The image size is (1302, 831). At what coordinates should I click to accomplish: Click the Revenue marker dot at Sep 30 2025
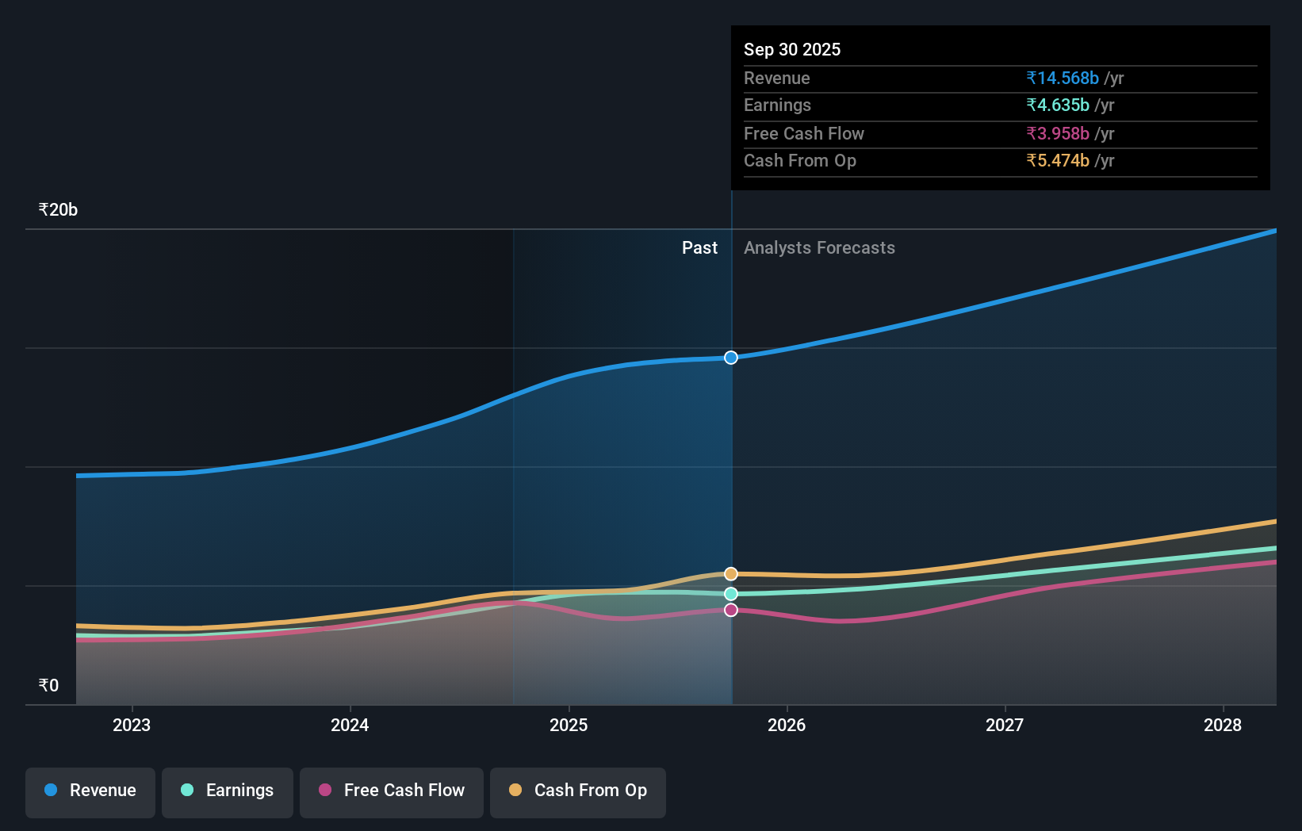[731, 358]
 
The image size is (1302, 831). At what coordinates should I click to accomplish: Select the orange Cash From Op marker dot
[731, 573]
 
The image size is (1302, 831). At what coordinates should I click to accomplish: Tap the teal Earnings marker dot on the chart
[731, 594]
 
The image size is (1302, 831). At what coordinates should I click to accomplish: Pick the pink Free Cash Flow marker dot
[731, 610]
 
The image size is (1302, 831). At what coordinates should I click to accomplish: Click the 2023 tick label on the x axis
[132, 725]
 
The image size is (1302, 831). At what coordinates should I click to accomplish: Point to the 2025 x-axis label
[569, 725]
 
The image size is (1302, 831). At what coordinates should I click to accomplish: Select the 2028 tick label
[1223, 725]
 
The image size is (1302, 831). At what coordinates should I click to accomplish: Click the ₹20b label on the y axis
[58, 210]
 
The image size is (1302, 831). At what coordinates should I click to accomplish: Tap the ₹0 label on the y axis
[48, 685]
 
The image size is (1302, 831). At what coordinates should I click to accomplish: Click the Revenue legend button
[90, 791]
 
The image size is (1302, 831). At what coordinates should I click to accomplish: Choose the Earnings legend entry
[228, 791]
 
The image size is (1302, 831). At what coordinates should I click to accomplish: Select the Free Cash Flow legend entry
[392, 791]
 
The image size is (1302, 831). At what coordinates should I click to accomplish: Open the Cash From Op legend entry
[578, 791]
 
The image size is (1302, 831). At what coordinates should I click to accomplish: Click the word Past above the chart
[699, 248]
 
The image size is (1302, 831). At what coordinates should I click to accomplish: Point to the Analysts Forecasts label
[819, 248]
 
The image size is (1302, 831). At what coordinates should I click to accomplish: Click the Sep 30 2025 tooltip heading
[792, 49]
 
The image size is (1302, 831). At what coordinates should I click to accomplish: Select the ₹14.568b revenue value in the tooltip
[1063, 78]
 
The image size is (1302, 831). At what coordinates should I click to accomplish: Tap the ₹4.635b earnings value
[1058, 105]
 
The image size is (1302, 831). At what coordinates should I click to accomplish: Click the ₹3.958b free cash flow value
[1058, 133]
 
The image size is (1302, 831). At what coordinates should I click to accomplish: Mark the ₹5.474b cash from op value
[1058, 161]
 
